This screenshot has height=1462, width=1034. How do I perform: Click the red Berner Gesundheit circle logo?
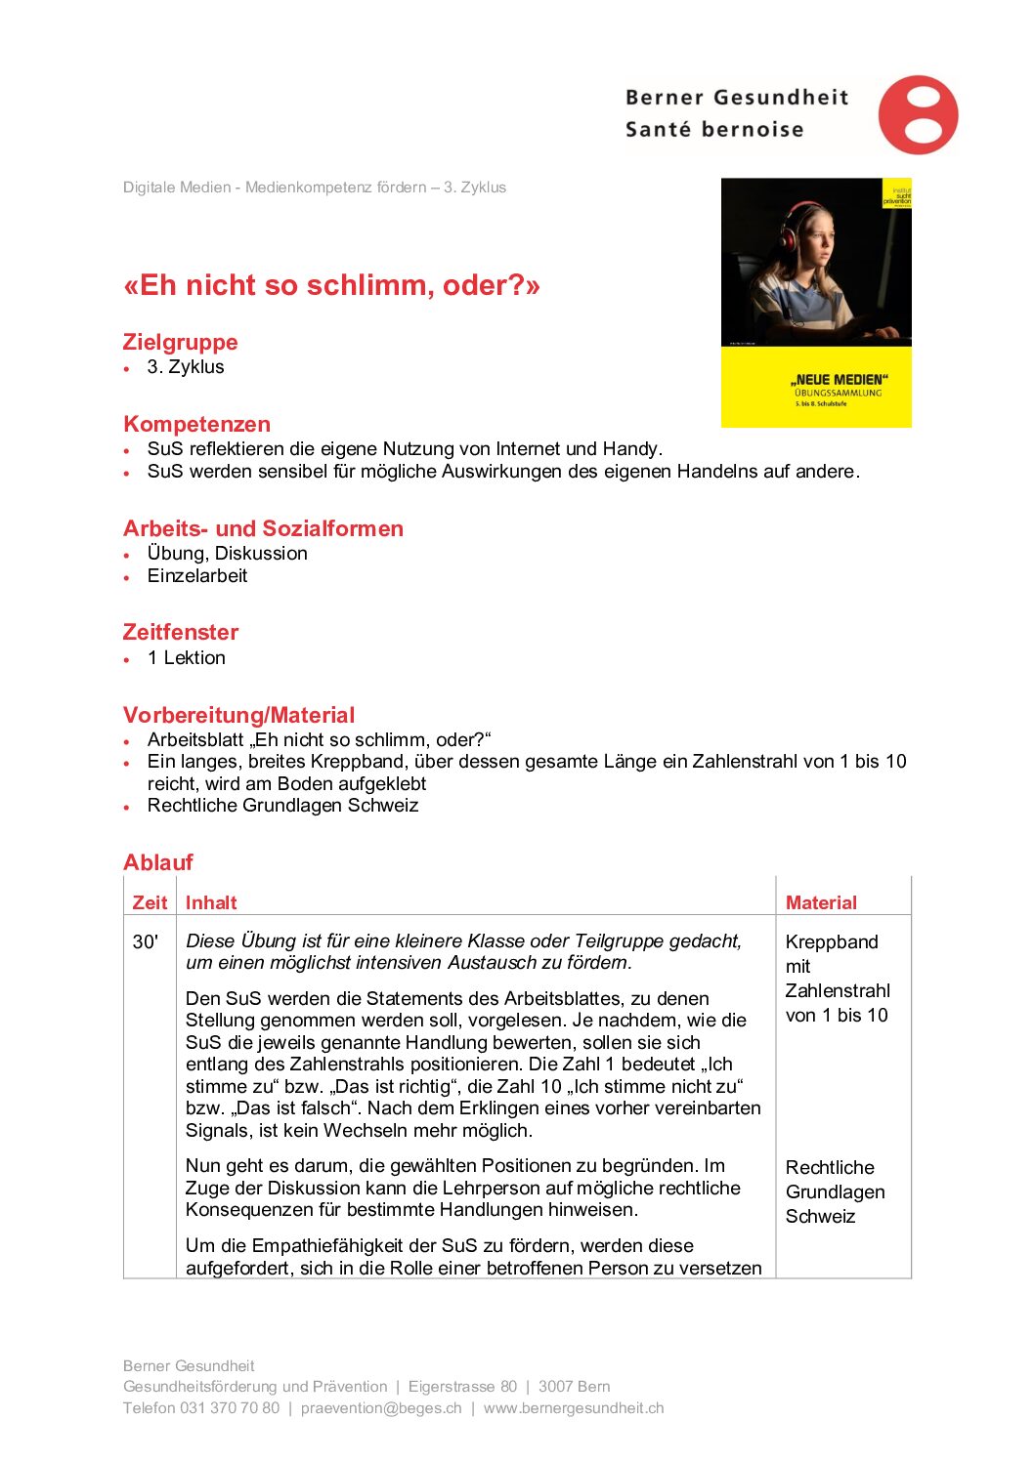click(x=918, y=114)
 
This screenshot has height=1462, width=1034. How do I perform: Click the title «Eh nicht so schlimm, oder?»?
click(x=331, y=285)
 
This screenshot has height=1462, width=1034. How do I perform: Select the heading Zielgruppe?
click(x=180, y=342)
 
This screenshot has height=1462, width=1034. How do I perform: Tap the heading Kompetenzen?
click(x=196, y=424)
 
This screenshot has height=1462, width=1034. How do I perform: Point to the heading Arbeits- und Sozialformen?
click(x=263, y=528)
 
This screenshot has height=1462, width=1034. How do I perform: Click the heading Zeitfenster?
click(x=180, y=632)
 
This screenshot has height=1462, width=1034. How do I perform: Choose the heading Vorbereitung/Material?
click(x=238, y=715)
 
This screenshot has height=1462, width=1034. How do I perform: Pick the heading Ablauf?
click(x=158, y=862)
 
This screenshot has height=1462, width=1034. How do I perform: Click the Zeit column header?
click(x=150, y=902)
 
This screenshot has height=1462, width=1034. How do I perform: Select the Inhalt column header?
click(x=211, y=902)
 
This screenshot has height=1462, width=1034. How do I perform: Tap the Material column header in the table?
click(x=821, y=902)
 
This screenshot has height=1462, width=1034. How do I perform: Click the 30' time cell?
click(x=146, y=941)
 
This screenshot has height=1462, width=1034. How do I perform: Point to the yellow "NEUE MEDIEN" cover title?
click(x=839, y=379)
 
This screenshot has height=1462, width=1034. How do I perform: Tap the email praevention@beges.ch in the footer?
click(x=381, y=1407)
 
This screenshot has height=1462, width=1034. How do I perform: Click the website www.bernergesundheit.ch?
click(x=574, y=1407)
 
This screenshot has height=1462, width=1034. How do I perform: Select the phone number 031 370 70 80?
click(x=229, y=1407)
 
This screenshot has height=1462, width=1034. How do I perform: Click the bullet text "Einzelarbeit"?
click(x=197, y=576)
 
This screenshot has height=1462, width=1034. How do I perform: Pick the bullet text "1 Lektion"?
click(x=187, y=658)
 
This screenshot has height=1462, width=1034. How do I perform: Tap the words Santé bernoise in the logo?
click(x=714, y=129)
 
